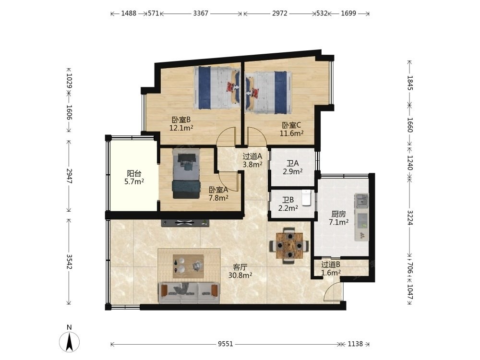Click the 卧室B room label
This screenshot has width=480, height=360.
[181, 120]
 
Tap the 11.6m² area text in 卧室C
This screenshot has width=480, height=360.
[291, 133]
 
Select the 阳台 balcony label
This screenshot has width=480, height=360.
[134, 174]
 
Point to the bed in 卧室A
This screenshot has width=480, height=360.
[186, 174]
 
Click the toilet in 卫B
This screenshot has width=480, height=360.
[306, 197]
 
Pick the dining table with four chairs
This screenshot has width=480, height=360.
[289, 245]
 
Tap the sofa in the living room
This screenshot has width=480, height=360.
[189, 293]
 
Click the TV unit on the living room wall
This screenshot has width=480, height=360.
[185, 223]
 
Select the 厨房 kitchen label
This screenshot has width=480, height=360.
[338, 214]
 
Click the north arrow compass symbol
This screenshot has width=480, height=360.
[70, 341]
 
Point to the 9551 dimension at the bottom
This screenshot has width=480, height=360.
[225, 344]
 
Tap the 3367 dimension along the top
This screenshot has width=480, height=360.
[201, 13]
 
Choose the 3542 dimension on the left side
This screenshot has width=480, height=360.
[69, 262]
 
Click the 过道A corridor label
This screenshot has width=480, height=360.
[252, 156]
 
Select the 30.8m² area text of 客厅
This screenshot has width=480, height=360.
[240, 275]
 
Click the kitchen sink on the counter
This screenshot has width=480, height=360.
[361, 201]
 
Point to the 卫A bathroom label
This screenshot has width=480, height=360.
[293, 164]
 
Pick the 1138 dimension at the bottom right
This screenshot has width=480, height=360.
[355, 344]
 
